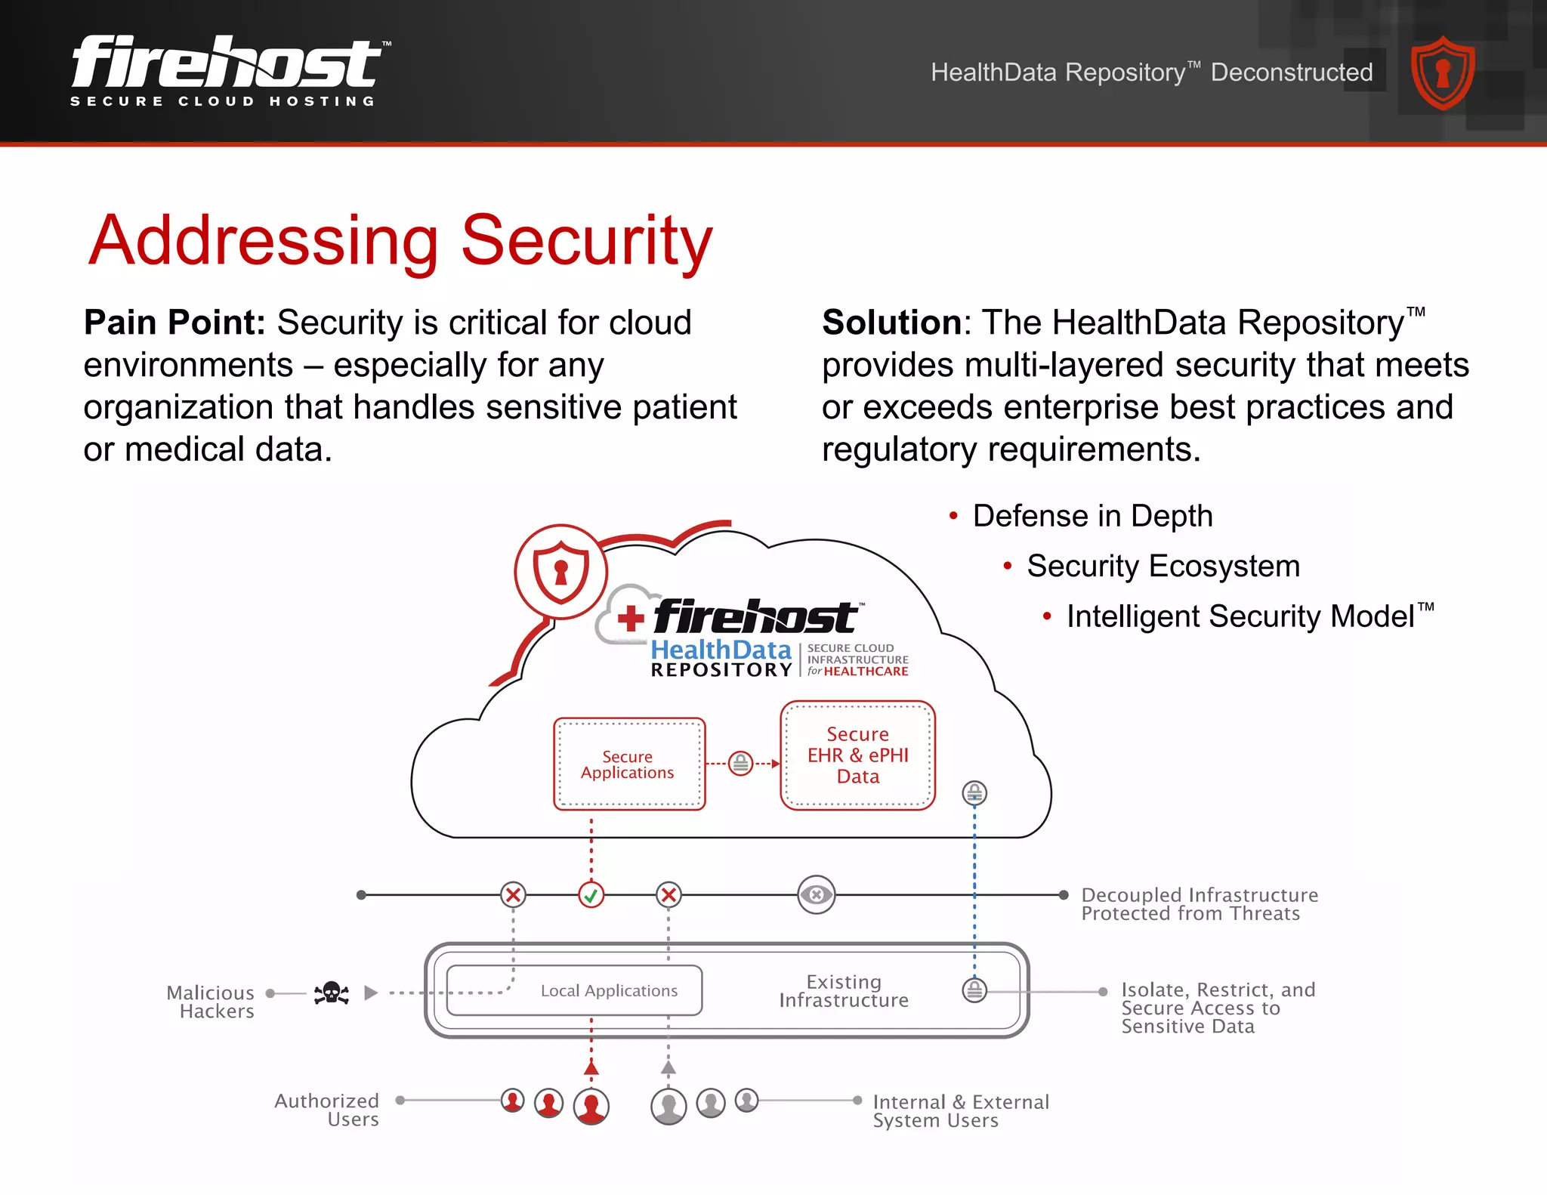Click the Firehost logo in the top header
[x=227, y=69]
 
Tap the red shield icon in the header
[x=1442, y=73]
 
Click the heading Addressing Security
[x=400, y=240]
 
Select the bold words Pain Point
[x=174, y=323]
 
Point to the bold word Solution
[x=891, y=323]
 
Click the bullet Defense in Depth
[x=1092, y=516]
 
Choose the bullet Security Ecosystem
[x=1163, y=566]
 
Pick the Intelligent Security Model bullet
[x=1240, y=616]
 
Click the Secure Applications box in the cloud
[x=628, y=764]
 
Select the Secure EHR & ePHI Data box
[x=857, y=755]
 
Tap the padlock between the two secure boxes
[x=741, y=764]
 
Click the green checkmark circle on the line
[x=591, y=896]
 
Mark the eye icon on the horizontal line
[x=817, y=895]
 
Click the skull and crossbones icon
[x=332, y=993]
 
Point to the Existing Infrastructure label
[x=844, y=991]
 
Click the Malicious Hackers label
[x=211, y=1002]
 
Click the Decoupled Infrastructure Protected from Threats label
[x=1199, y=904]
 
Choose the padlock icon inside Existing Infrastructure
[x=974, y=990]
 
